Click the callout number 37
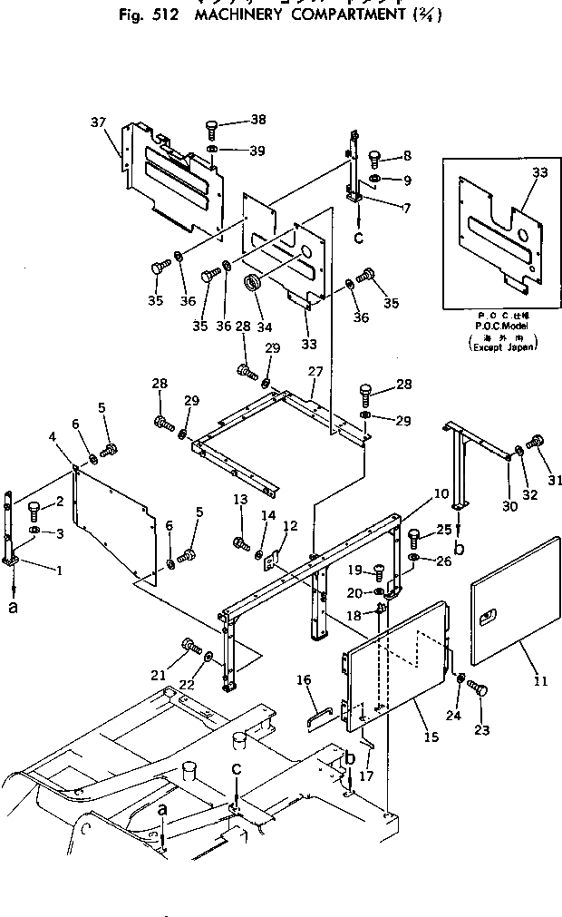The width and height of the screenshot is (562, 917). click(98, 122)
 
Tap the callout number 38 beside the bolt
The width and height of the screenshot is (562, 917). click(233, 120)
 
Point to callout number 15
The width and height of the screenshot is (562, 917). click(431, 737)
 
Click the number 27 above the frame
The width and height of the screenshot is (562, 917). click(315, 372)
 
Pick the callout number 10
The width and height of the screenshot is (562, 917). click(441, 494)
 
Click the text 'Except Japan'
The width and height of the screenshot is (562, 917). click(503, 346)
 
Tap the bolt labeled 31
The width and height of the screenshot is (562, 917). click(534, 442)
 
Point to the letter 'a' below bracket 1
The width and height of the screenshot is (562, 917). click(13, 608)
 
